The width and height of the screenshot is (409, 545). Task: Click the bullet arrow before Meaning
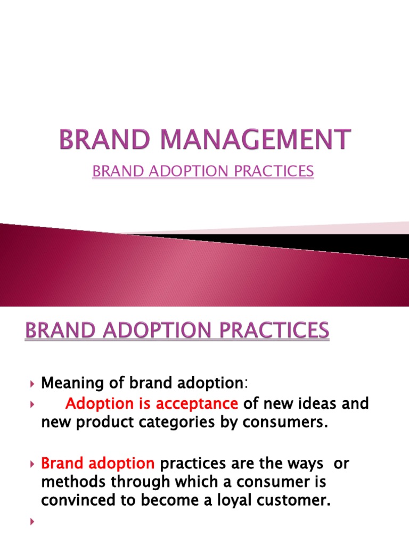pos(32,383)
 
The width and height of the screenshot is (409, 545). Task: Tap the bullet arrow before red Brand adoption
pos(32,464)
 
